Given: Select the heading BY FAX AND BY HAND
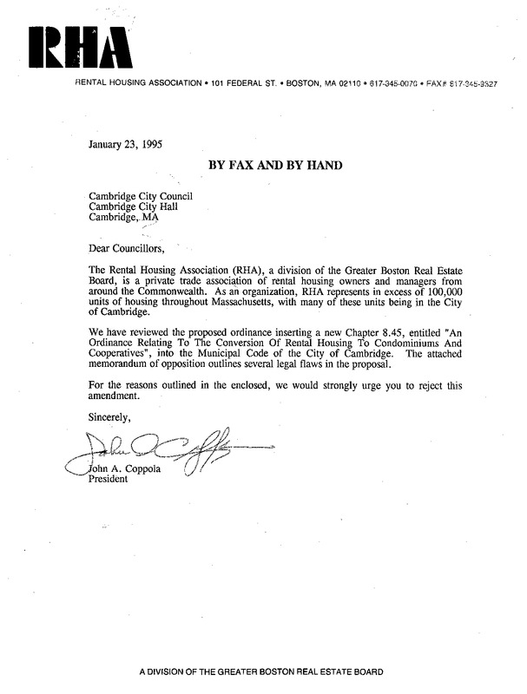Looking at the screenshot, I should pos(269,165).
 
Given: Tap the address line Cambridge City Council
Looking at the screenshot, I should pos(140,196).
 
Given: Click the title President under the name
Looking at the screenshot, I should pos(109,483).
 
